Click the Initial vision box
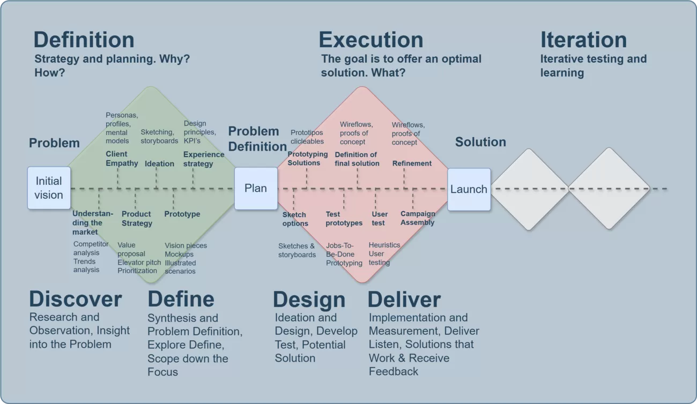49,188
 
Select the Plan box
256,189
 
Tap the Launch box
469,189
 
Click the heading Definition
84,40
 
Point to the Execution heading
371,40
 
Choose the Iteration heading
583,40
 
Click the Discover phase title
76,299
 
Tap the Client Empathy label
122,159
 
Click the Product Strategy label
137,219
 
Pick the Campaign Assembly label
418,218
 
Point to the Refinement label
412,163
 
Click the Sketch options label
295,219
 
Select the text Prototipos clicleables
307,137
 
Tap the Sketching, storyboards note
159,137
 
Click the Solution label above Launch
480,142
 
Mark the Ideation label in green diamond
159,163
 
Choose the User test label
380,219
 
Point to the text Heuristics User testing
384,253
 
